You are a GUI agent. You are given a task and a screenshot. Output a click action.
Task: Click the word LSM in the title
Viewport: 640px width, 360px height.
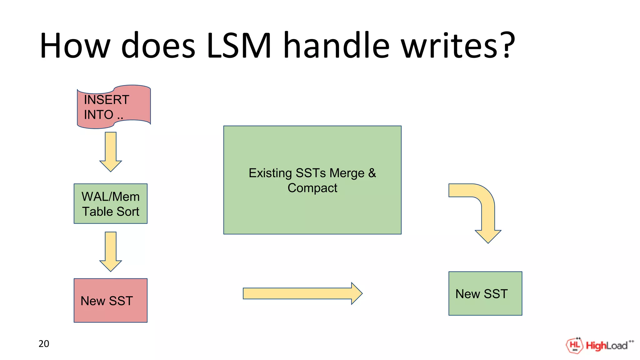click(239, 46)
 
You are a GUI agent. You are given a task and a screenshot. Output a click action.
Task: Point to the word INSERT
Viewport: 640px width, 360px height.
click(106, 100)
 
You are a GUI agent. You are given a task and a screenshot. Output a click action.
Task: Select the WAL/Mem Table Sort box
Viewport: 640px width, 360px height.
click(111, 204)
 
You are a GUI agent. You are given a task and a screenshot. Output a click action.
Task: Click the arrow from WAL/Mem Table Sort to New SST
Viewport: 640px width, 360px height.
click(111, 251)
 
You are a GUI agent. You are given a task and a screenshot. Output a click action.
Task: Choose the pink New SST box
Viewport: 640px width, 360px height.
click(111, 300)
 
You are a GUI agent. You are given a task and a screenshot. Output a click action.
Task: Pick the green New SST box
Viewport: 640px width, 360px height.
click(485, 293)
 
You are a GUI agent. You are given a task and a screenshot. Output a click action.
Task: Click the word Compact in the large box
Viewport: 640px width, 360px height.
click(312, 188)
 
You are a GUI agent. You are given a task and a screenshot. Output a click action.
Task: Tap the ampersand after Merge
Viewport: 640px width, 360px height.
click(372, 173)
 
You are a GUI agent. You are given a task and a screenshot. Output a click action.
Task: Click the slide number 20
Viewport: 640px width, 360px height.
click(44, 344)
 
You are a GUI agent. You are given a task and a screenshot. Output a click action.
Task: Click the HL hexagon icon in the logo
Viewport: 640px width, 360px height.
click(574, 345)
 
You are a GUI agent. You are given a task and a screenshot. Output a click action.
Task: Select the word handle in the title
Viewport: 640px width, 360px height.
click(336, 46)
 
